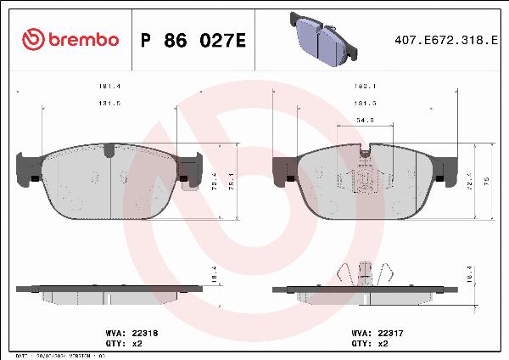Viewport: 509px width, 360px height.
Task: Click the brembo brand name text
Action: (x=82, y=39)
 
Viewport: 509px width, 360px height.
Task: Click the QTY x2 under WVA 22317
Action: (x=381, y=345)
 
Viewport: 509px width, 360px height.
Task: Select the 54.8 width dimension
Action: (x=366, y=121)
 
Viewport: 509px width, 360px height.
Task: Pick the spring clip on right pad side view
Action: (x=366, y=274)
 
